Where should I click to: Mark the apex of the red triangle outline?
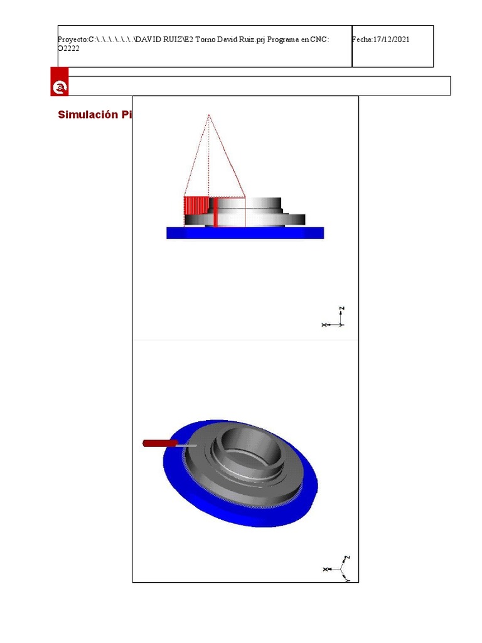208,115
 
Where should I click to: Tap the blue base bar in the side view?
245,233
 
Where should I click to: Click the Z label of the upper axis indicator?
342,309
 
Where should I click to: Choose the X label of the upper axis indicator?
324,325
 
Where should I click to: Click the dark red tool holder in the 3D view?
160,443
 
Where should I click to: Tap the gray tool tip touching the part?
187,445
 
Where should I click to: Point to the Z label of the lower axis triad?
346,558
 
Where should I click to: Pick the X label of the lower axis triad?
325,569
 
